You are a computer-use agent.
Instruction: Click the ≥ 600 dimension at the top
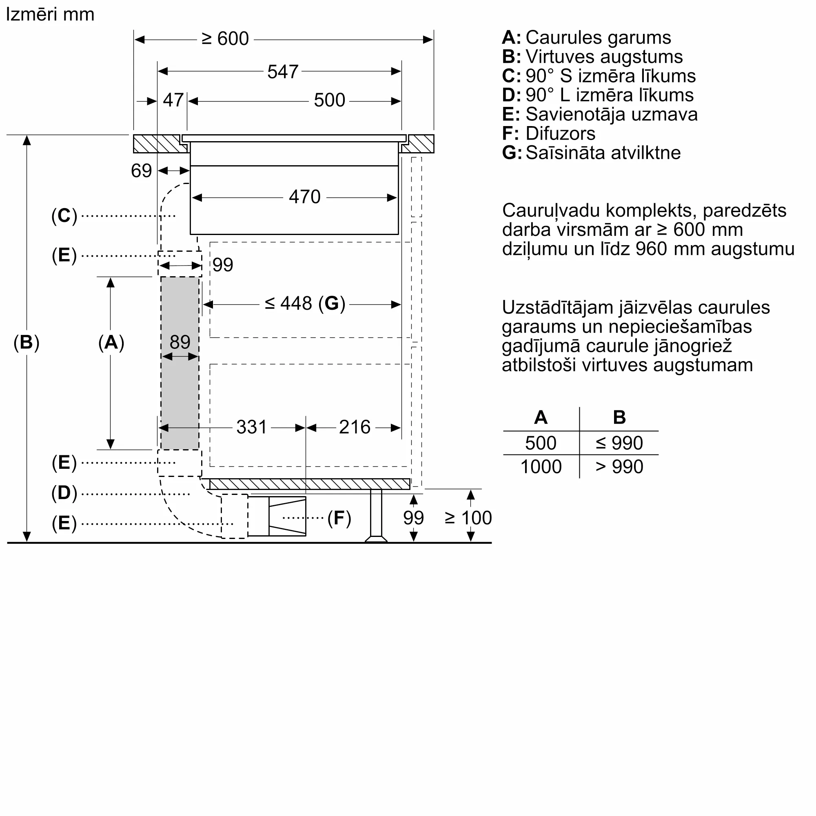point(225,39)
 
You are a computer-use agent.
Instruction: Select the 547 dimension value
point(283,72)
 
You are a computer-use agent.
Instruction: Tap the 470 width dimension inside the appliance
point(304,197)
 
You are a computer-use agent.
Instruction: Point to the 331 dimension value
point(251,427)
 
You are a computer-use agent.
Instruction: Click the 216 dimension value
point(355,427)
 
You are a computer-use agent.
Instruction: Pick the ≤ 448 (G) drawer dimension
point(305,303)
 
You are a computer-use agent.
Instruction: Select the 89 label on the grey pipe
point(180,341)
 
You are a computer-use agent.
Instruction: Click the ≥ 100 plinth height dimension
point(468,518)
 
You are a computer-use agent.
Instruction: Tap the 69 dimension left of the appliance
point(141,171)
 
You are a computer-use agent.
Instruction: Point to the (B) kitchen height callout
point(26,342)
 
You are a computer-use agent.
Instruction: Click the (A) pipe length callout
point(111,342)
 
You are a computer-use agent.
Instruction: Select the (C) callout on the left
point(64,215)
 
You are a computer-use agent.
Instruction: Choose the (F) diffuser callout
point(339,518)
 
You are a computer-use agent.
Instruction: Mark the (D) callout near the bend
point(64,493)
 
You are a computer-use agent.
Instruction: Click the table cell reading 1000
point(541,467)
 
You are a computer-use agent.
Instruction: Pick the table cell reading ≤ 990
point(619,443)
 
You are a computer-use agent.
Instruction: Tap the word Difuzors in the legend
point(560,133)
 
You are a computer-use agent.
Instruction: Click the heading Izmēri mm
point(50,14)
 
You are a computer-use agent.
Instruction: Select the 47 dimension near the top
point(173,100)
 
